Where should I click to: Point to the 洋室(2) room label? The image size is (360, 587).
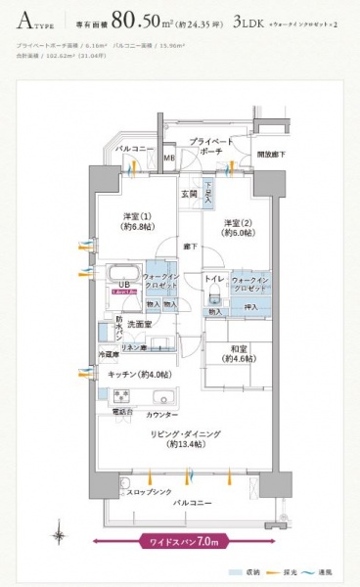238,228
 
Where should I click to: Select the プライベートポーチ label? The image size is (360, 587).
210,146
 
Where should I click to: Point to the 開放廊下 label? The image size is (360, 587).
269,155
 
